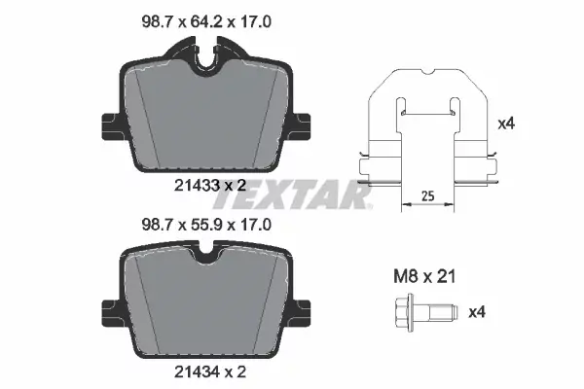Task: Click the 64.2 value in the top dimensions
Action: [x=206, y=22]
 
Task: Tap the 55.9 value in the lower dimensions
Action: [x=206, y=225]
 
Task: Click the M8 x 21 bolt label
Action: [x=424, y=276]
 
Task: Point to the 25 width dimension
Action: [x=428, y=195]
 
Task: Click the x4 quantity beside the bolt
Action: [x=477, y=312]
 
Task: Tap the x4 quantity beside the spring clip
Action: [x=506, y=124]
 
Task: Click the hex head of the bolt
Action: [x=404, y=312]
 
